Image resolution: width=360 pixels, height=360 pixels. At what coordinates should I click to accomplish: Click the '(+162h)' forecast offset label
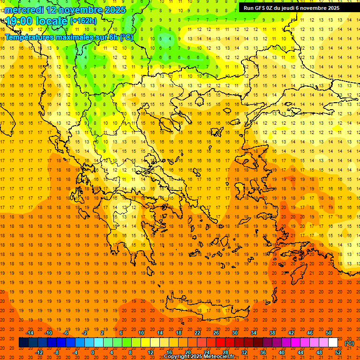(83, 21)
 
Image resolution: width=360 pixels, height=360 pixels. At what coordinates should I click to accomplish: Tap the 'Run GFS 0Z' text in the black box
(258, 8)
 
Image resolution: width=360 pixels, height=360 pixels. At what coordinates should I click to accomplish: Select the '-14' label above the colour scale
(30, 333)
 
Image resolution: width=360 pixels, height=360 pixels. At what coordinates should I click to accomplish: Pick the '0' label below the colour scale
(92, 352)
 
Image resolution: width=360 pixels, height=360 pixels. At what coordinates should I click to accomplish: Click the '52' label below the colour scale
(338, 352)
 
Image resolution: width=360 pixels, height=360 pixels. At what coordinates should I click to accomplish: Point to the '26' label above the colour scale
(216, 333)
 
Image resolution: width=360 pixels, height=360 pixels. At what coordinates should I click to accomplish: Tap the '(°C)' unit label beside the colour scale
(349, 343)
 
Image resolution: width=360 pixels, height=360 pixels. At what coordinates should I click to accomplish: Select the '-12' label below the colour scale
(39, 352)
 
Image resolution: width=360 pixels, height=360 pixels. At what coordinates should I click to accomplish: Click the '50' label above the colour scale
(329, 333)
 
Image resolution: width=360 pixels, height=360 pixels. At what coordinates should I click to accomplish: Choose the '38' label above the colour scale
(272, 333)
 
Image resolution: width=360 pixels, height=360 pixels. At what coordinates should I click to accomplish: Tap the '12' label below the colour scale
(150, 352)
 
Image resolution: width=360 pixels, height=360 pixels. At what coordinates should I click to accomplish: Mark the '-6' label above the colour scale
(66, 333)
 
